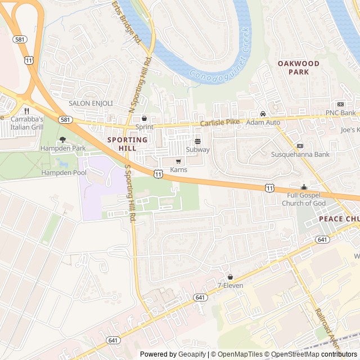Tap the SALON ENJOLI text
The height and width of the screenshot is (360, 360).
(91, 103)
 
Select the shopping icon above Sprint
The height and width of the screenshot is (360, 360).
(144, 119)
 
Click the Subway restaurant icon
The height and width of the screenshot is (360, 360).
(197, 141)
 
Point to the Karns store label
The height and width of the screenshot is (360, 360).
(178, 169)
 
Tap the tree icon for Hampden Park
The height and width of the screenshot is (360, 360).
(62, 139)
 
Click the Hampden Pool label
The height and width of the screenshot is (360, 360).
(64, 173)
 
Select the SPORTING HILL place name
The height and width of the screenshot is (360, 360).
(127, 143)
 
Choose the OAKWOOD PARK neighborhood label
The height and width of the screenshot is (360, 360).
(298, 68)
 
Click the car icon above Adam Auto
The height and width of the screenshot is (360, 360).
(263, 114)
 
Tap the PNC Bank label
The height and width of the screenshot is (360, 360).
(340, 113)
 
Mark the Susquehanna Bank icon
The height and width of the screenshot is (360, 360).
(300, 146)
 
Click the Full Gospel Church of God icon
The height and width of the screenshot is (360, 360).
(304, 187)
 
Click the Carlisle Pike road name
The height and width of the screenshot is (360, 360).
(223, 123)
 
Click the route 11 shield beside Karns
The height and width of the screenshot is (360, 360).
(159, 175)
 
